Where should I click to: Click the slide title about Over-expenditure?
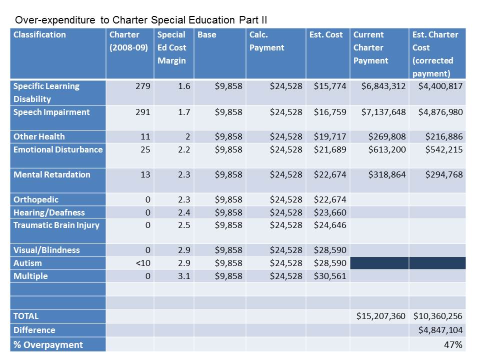click(x=141, y=20)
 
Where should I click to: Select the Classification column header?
click(x=39, y=35)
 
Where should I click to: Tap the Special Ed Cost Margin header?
click(x=171, y=47)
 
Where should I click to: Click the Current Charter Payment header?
click(x=370, y=47)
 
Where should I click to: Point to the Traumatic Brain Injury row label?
click(x=56, y=225)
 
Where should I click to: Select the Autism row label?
click(x=27, y=263)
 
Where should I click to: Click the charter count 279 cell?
click(x=143, y=86)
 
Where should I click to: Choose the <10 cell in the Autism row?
click(x=142, y=263)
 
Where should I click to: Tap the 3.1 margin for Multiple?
click(x=184, y=276)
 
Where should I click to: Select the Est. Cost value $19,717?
click(x=329, y=136)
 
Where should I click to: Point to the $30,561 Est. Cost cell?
click(x=329, y=276)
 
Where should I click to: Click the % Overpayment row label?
click(x=48, y=344)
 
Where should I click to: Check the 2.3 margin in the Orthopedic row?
click(x=184, y=199)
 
